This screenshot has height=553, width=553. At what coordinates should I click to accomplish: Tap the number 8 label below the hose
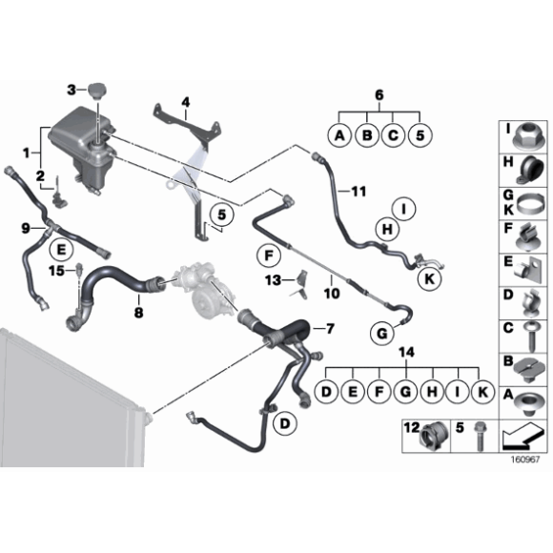pyautogui.click(x=139, y=312)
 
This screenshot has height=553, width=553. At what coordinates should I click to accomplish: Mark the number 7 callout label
pyautogui.click(x=330, y=329)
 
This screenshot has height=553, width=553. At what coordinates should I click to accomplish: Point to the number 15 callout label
pyautogui.click(x=56, y=271)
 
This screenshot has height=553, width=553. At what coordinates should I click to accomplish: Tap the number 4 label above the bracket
pyautogui.click(x=185, y=101)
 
